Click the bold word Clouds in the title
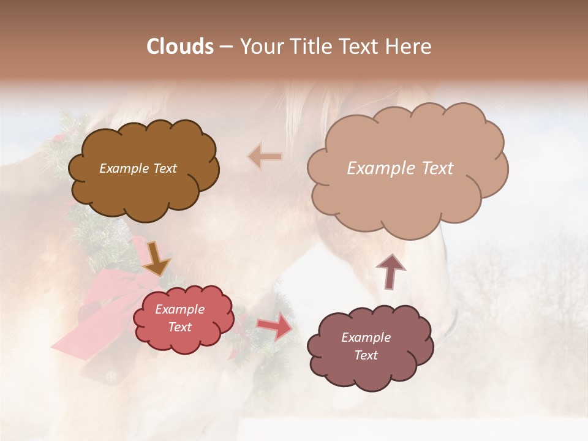(180, 47)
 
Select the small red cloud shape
(184, 340)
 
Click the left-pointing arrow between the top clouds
(265, 157)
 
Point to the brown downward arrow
(157, 258)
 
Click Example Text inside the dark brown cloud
(138, 168)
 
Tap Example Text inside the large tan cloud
(400, 168)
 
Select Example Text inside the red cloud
(179, 318)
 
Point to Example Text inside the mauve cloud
(366, 346)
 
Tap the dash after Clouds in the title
(225, 47)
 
